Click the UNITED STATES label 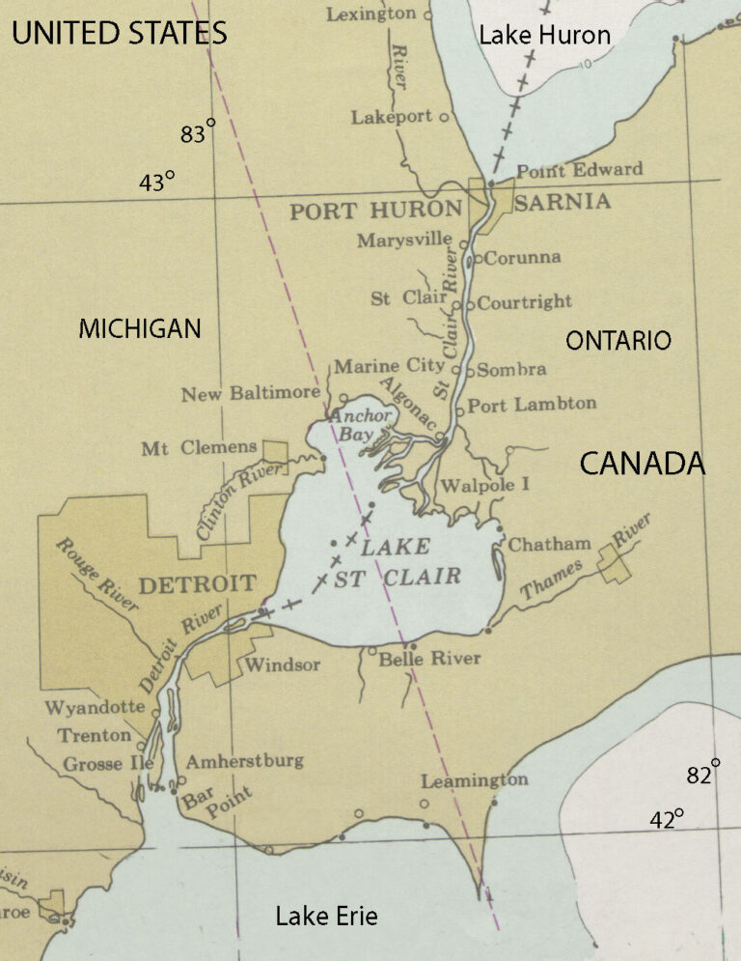pyautogui.click(x=119, y=35)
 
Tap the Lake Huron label pyautogui.click(x=544, y=36)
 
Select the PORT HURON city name pyautogui.click(x=375, y=211)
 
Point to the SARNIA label pyautogui.click(x=563, y=202)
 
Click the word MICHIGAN pyautogui.click(x=140, y=329)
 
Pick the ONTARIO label pyautogui.click(x=617, y=340)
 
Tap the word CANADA pyautogui.click(x=642, y=464)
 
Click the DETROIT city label pyautogui.click(x=197, y=583)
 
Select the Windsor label pyautogui.click(x=282, y=664)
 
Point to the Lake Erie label pyautogui.click(x=326, y=916)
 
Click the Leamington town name pyautogui.click(x=475, y=779)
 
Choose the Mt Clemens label pyautogui.click(x=199, y=447)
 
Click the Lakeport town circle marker pyautogui.click(x=444, y=118)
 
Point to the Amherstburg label pyautogui.click(x=244, y=761)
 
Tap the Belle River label pyautogui.click(x=428, y=659)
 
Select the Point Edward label pyautogui.click(x=579, y=170)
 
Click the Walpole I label pyautogui.click(x=484, y=485)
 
